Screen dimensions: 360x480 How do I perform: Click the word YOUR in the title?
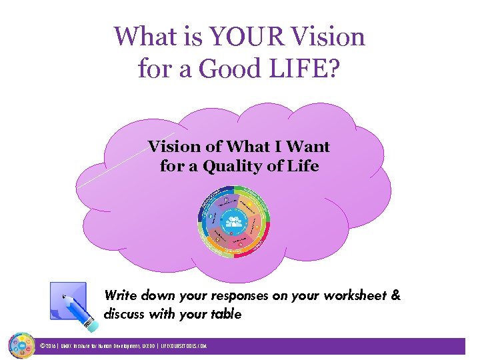pyautogui.click(x=236, y=36)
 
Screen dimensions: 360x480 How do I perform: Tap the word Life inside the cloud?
pyautogui.click(x=301, y=165)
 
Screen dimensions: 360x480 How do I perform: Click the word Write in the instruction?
pyautogui.click(x=120, y=295)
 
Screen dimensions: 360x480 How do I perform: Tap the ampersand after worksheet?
pyautogui.click(x=396, y=295)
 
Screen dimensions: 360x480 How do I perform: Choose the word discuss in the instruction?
pyautogui.click(x=127, y=314)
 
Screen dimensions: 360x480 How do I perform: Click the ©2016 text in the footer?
pyautogui.click(x=48, y=347)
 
